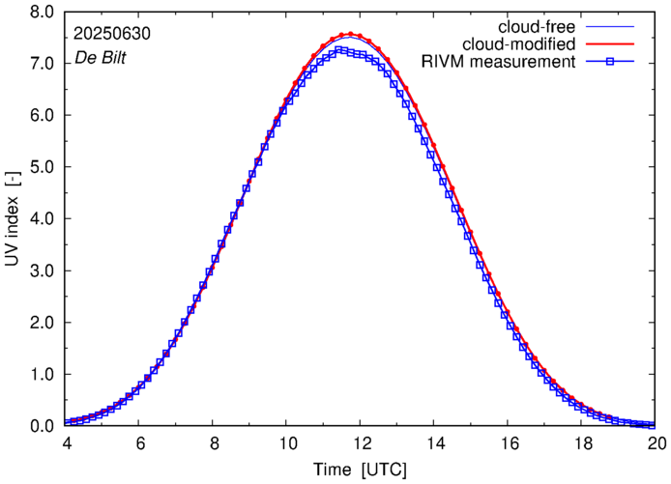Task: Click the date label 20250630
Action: click(110, 33)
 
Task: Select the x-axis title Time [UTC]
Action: click(359, 470)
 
